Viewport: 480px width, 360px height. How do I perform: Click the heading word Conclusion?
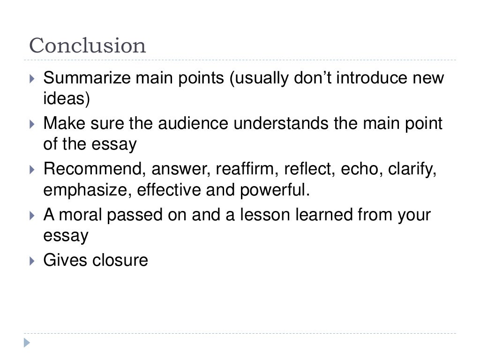pyautogui.click(x=88, y=46)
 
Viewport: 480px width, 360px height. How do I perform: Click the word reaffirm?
pyautogui.click(x=246, y=169)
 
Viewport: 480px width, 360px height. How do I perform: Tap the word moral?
pyautogui.click(x=82, y=215)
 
